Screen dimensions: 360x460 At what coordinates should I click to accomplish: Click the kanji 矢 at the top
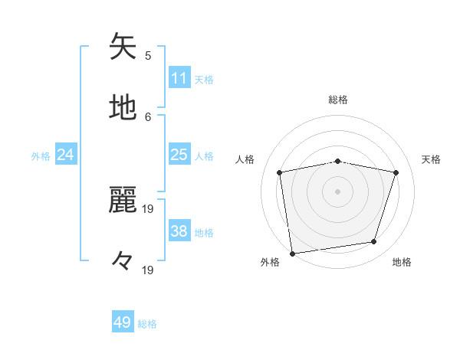coord(123,47)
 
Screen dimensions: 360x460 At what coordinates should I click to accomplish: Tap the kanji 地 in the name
coord(123,107)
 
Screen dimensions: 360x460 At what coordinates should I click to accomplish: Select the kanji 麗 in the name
coord(123,201)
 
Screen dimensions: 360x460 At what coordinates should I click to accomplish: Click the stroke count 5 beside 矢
coord(148,55)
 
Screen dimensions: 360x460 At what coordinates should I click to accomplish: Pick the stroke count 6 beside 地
coord(148,116)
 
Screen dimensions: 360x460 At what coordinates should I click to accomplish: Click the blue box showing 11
coord(179,78)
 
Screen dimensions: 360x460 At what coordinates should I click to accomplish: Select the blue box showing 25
coord(179,155)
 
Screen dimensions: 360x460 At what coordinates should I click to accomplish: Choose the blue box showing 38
coord(179,231)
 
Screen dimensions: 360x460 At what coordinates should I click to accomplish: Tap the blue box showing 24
coord(65,155)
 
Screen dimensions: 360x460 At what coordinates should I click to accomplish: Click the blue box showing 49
coord(123,322)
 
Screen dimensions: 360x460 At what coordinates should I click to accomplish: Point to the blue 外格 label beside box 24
coord(41,156)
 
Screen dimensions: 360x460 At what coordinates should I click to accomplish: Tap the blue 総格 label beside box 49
coord(147,324)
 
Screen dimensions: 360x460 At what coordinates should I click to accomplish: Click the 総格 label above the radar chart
coord(338,100)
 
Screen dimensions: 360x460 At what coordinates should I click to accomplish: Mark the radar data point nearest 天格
coord(396,172)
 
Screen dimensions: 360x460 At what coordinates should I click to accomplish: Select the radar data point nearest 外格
coord(292,253)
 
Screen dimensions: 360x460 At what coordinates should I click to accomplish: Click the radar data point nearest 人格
coord(280,172)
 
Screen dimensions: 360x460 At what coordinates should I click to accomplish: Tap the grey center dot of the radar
coord(338,191)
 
